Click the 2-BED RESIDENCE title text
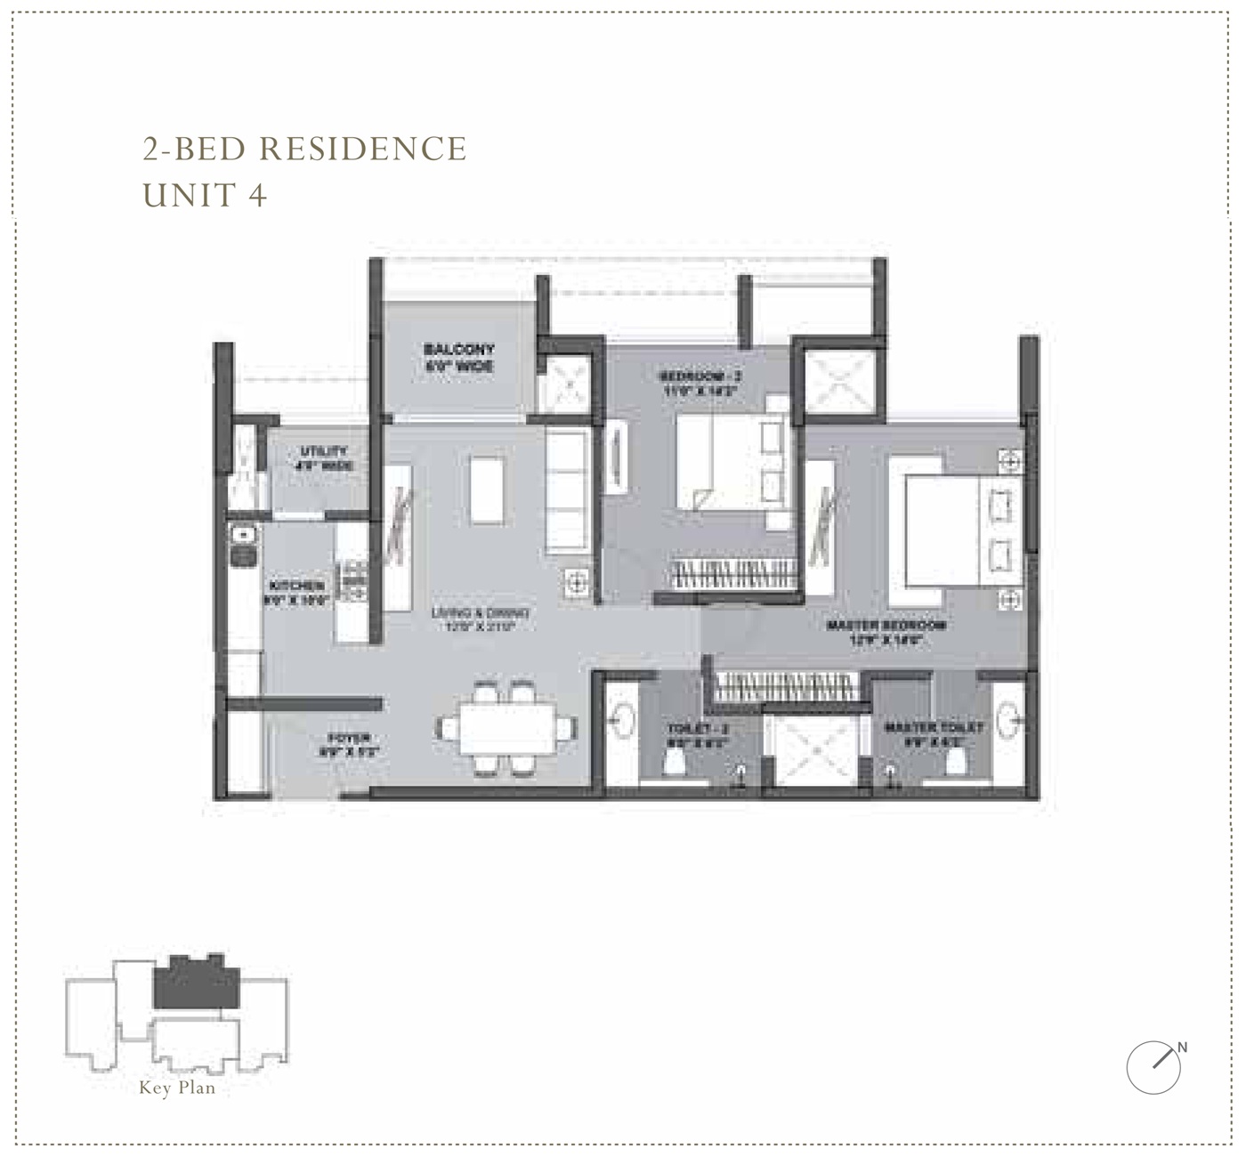tap(305, 149)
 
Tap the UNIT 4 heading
tap(205, 195)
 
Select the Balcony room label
tap(458, 357)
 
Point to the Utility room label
tap(325, 458)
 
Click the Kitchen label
tap(296, 593)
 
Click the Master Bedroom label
tap(885, 631)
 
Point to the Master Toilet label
tap(934, 733)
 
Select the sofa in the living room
tap(567, 490)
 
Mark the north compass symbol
tap(1155, 1064)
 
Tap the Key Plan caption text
tap(177, 1088)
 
